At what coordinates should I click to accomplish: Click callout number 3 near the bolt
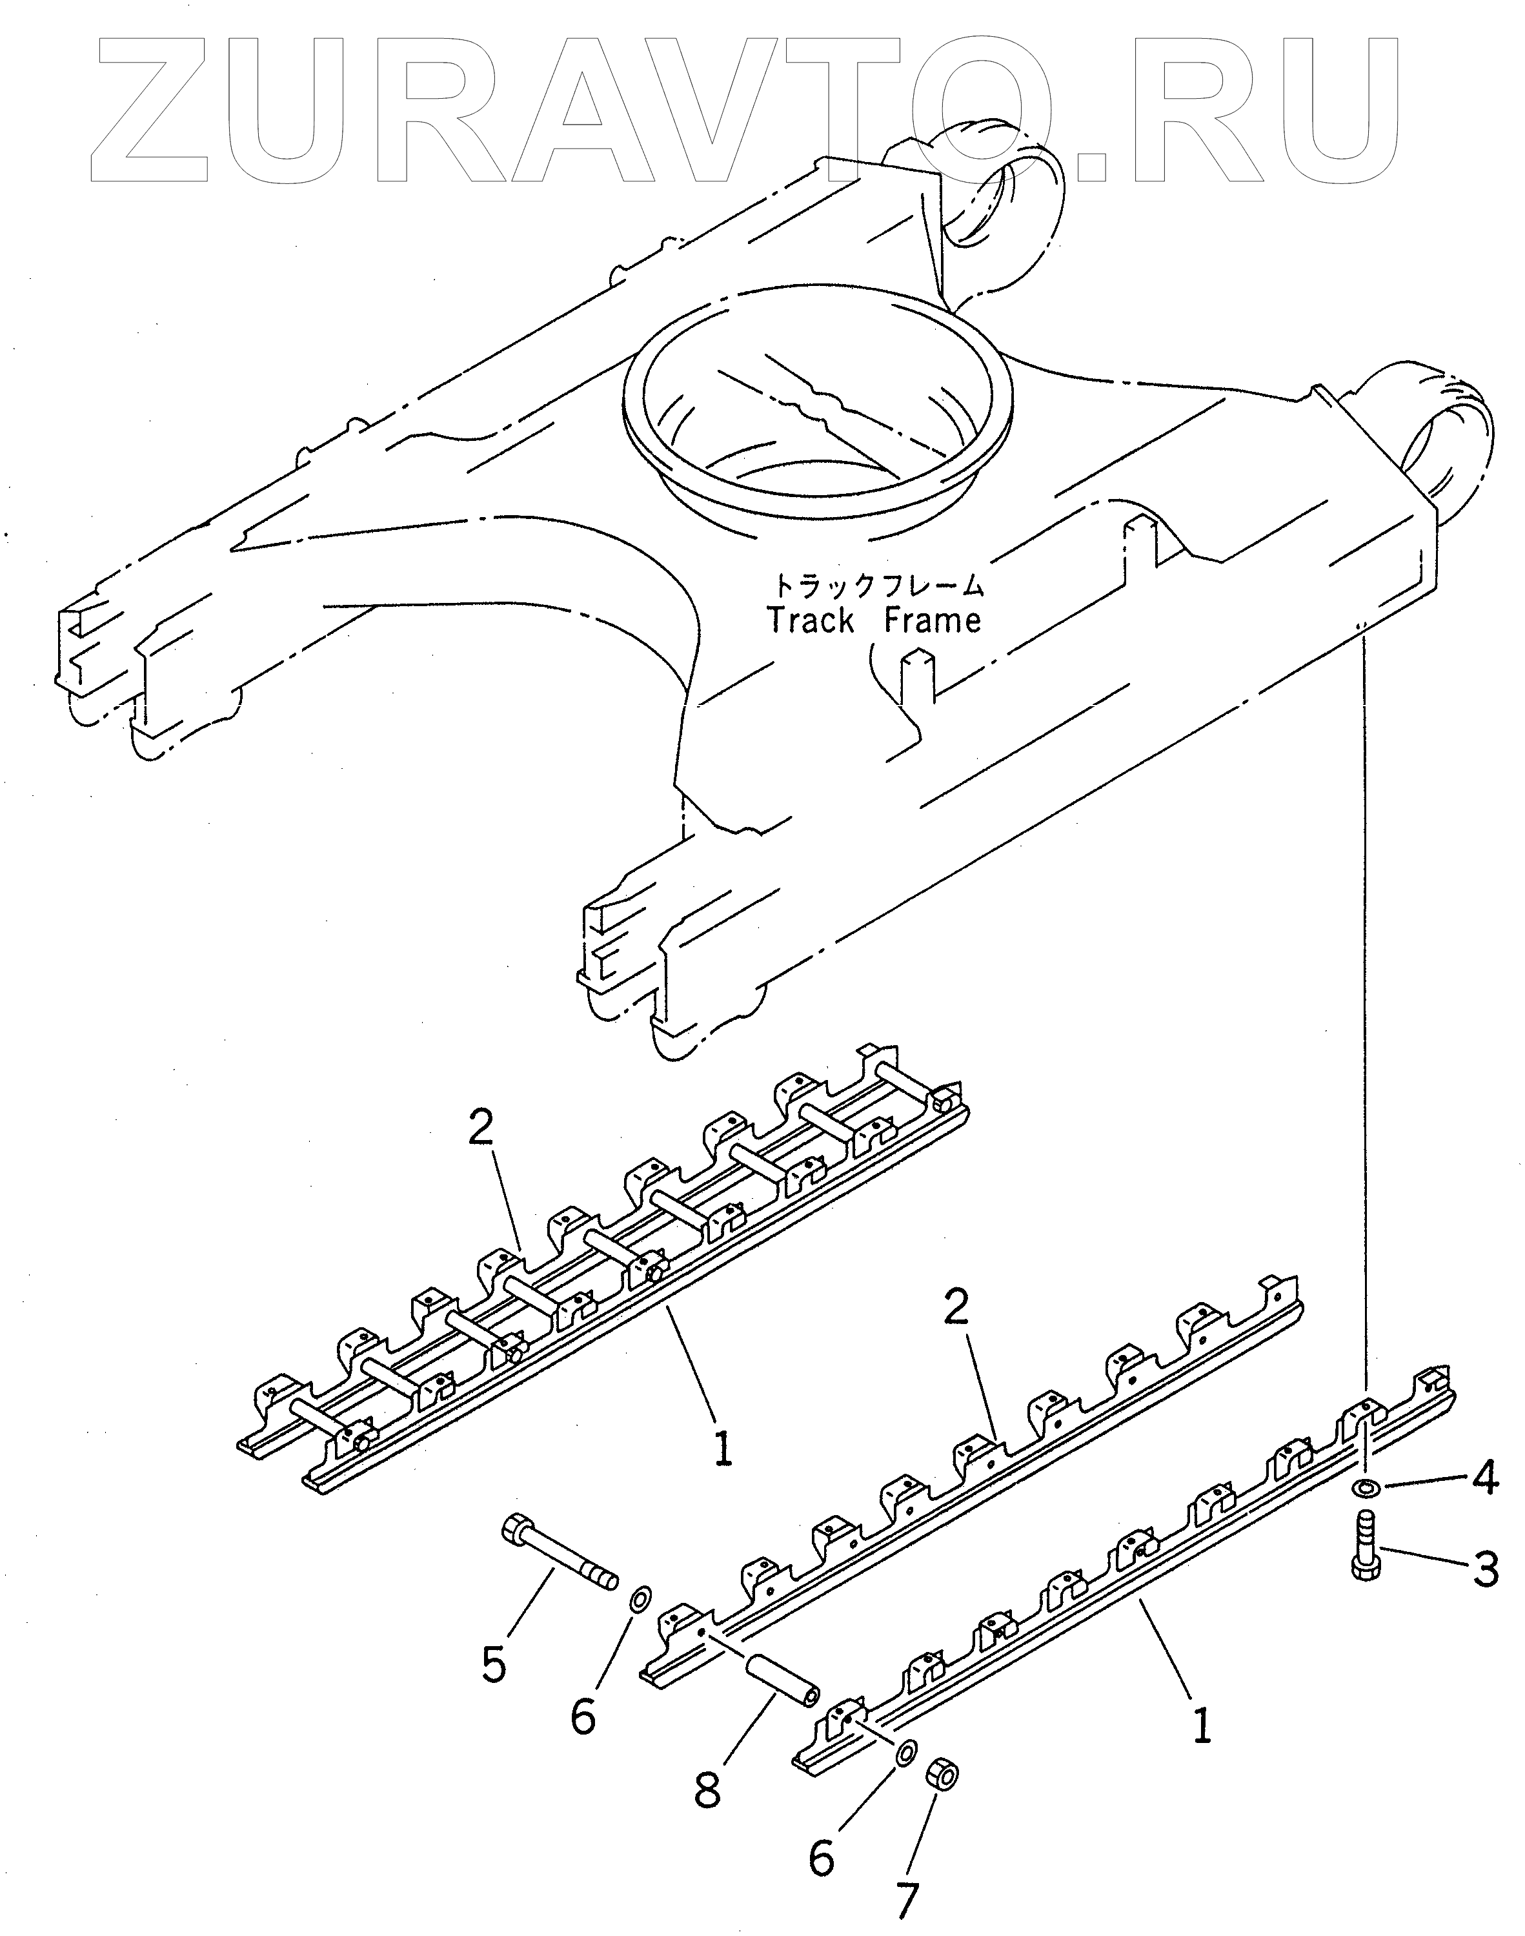1485,1569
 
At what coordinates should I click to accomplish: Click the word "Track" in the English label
811,620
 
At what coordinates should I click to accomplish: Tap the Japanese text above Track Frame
878,586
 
